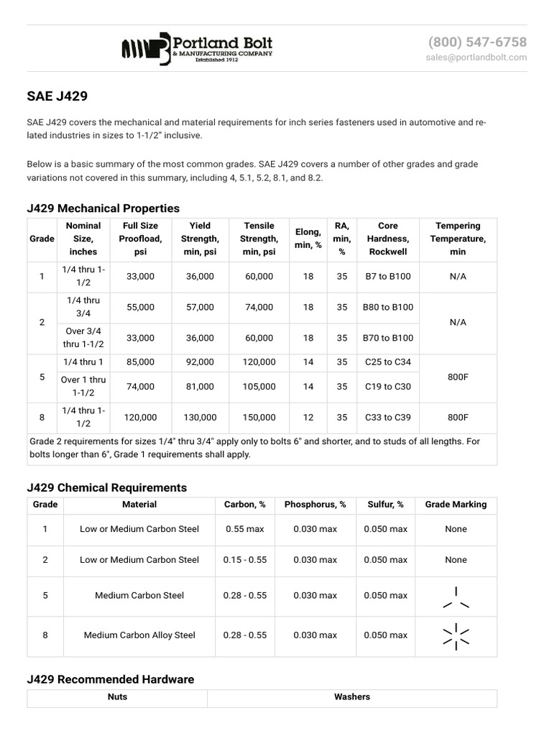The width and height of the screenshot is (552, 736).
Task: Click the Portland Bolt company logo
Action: tap(197, 49)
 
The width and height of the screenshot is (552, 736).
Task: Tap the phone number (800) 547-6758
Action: tap(477, 42)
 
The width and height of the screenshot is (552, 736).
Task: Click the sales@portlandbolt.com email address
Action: tap(476, 57)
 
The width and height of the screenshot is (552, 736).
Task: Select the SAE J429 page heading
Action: tap(57, 96)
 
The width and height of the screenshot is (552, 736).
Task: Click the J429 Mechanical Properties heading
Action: tap(103, 208)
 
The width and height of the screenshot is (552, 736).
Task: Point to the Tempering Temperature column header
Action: tap(458, 239)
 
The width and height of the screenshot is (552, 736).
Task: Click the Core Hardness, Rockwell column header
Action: tap(387, 239)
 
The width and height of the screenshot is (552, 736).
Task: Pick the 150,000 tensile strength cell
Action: tap(259, 417)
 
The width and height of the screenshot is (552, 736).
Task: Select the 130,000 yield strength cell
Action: tap(200, 417)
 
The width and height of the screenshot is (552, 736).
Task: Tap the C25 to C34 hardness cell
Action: tap(387, 362)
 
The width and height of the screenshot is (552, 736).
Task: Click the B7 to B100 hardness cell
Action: tap(387, 277)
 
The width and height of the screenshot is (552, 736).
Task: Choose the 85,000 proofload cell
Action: tap(140, 362)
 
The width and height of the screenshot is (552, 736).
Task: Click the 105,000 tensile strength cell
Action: tap(259, 387)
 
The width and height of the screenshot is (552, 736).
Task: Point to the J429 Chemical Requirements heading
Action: tap(106, 487)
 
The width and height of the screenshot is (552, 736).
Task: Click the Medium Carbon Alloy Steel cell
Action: tap(139, 635)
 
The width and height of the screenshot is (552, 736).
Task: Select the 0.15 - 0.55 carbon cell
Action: tap(245, 560)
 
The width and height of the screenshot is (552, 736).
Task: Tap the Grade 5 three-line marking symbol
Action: tap(456, 598)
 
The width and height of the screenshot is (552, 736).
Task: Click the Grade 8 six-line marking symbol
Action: tap(456, 636)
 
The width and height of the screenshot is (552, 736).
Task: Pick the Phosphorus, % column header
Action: tap(315, 505)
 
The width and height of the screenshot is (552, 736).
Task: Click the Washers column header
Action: tap(352, 696)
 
